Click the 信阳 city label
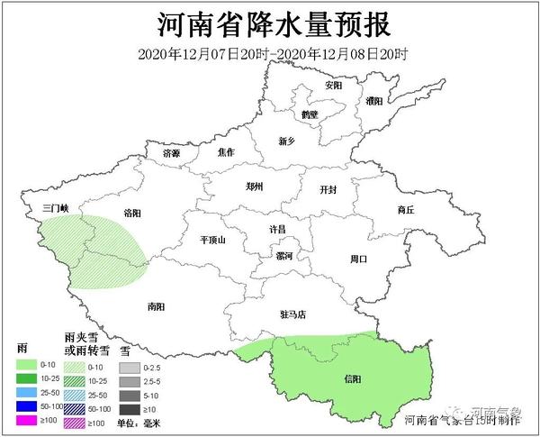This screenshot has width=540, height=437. click(x=353, y=379)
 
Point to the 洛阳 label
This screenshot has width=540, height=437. click(x=131, y=213)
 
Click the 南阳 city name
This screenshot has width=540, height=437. click(x=155, y=306)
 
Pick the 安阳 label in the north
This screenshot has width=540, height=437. click(x=334, y=86)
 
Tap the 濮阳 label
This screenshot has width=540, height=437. click(x=374, y=102)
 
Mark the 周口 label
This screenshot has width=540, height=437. click(x=358, y=259)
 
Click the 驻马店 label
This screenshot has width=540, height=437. click(x=293, y=314)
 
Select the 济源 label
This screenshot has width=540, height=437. click(x=171, y=153)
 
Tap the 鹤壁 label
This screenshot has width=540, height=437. click(x=310, y=114)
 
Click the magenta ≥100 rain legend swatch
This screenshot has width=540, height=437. click(x=26, y=422)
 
